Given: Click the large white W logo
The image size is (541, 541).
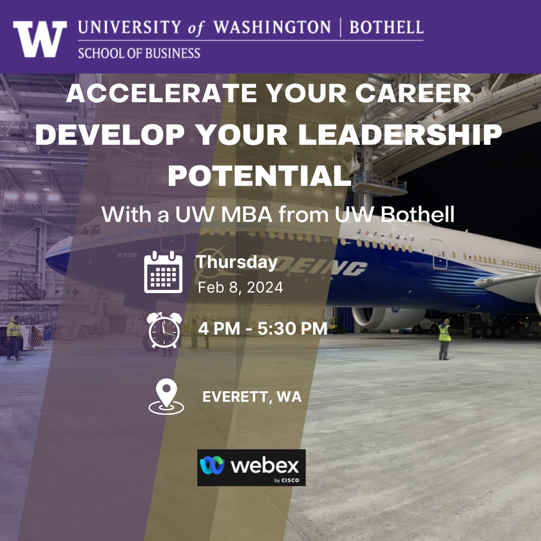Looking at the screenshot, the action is [x=40, y=39].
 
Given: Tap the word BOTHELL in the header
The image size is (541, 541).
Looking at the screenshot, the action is [x=386, y=28].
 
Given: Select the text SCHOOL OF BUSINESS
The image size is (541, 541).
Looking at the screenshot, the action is [x=139, y=54].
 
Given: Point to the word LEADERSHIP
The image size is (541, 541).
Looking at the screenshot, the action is [x=400, y=135].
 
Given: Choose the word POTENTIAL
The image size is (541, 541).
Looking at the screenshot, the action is [x=259, y=176].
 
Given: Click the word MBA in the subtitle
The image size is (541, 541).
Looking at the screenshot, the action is [x=247, y=214].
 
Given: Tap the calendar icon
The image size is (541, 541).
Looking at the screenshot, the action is [x=163, y=272].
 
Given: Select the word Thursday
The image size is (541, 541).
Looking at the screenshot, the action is [x=236, y=262].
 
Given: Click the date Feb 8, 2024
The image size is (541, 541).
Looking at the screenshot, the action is [x=240, y=288].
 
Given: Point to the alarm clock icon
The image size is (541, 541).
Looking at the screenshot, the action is [x=165, y=330].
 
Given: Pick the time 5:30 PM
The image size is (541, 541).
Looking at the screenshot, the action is [x=292, y=329].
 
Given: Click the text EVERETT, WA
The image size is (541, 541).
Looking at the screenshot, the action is [x=252, y=397].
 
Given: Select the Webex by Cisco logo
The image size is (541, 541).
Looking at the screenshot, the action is [x=251, y=467].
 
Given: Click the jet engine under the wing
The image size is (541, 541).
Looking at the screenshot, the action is [x=388, y=318].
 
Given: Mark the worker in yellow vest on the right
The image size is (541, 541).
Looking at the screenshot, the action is [x=445, y=340].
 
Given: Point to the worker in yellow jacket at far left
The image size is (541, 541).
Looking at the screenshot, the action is [x=14, y=338].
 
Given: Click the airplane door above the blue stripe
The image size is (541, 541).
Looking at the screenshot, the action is [x=439, y=254].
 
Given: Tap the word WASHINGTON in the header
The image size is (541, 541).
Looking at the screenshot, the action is [x=272, y=28].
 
